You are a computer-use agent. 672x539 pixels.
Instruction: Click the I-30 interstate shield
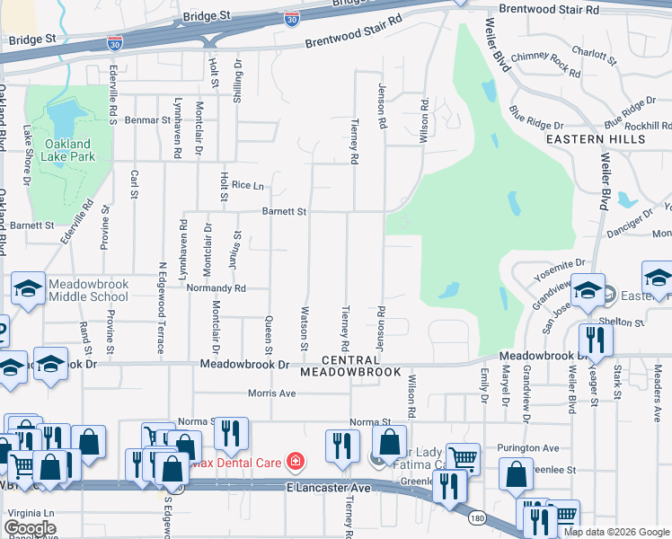[x=292, y=17]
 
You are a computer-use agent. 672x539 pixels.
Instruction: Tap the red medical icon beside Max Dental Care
[x=295, y=462]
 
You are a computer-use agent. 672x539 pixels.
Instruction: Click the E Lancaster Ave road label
[x=329, y=487]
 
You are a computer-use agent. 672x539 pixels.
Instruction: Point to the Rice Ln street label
[x=247, y=185]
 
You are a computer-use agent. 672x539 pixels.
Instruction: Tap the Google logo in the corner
[x=30, y=527]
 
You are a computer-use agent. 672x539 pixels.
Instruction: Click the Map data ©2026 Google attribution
[x=615, y=531]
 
